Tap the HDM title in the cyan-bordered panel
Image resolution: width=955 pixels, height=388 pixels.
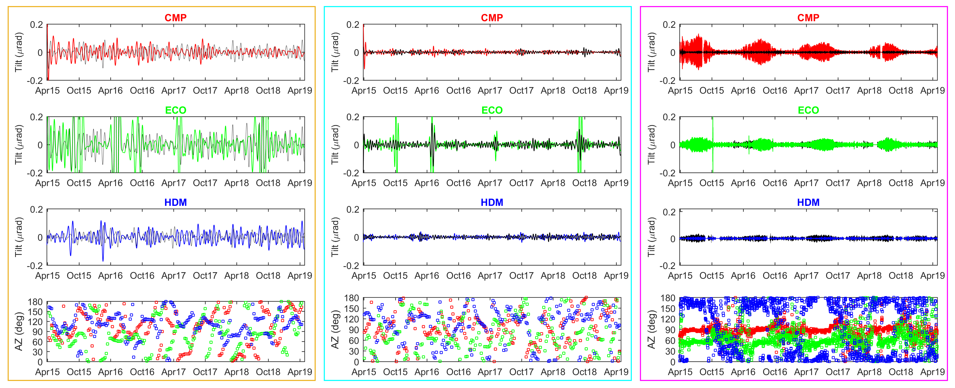pos(492,202)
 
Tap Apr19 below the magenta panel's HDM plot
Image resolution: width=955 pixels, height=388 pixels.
pos(932,276)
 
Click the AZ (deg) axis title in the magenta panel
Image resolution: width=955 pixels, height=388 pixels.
pos(651,329)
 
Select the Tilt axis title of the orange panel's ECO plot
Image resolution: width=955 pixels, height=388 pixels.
pos(19,145)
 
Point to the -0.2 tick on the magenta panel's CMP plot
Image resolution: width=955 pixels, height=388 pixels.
pos(667,80)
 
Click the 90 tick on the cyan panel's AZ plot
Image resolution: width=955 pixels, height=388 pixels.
pos(354,330)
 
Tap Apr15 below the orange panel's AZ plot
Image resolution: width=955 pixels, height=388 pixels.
pos(47,372)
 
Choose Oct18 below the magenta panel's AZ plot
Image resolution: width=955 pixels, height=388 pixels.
pos(901,372)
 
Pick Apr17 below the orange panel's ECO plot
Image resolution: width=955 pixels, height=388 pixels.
pos(174,183)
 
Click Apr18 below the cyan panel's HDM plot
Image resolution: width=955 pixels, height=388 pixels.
pos(553,276)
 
